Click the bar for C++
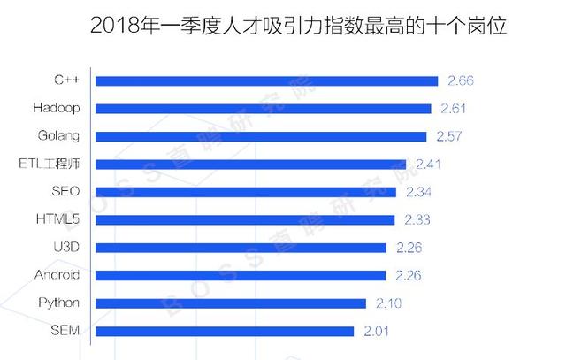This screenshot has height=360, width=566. tap(266, 81)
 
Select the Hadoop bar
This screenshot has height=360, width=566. tap(263, 109)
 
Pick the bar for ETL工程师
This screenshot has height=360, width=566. tap(250, 164)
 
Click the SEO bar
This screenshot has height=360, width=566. tap(245, 191)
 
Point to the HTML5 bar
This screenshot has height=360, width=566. tap(245, 219)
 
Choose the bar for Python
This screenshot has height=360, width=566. tap(230, 303)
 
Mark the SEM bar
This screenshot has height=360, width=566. tap(225, 332)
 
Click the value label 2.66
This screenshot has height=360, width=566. tap(461, 81)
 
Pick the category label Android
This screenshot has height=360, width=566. tap(57, 275)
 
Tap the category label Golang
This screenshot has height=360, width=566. tap(60, 136)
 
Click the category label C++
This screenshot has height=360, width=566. tap(67, 81)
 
